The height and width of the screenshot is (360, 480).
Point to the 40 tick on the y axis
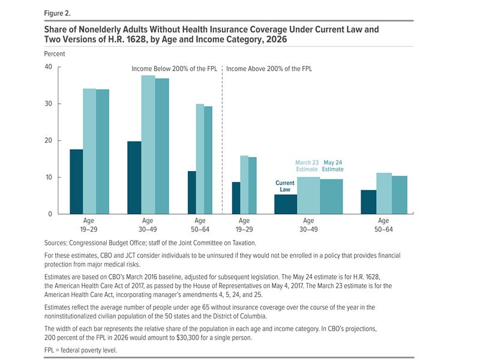point(49,67)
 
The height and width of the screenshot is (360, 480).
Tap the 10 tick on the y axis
point(49,178)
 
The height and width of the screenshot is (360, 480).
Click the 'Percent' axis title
point(55,53)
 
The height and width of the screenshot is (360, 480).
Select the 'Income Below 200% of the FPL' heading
point(175,69)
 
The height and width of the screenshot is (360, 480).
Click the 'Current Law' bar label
point(284,186)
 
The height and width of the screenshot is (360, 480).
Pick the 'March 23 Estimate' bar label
point(307,166)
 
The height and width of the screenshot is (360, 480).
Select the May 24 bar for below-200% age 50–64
point(208,160)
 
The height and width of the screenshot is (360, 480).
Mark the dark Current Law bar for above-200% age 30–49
point(286,204)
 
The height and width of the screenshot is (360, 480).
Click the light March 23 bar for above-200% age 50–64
point(384,193)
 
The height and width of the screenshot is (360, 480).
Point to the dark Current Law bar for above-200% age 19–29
point(236,197)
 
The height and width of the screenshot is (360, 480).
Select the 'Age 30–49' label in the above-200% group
point(308,224)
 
